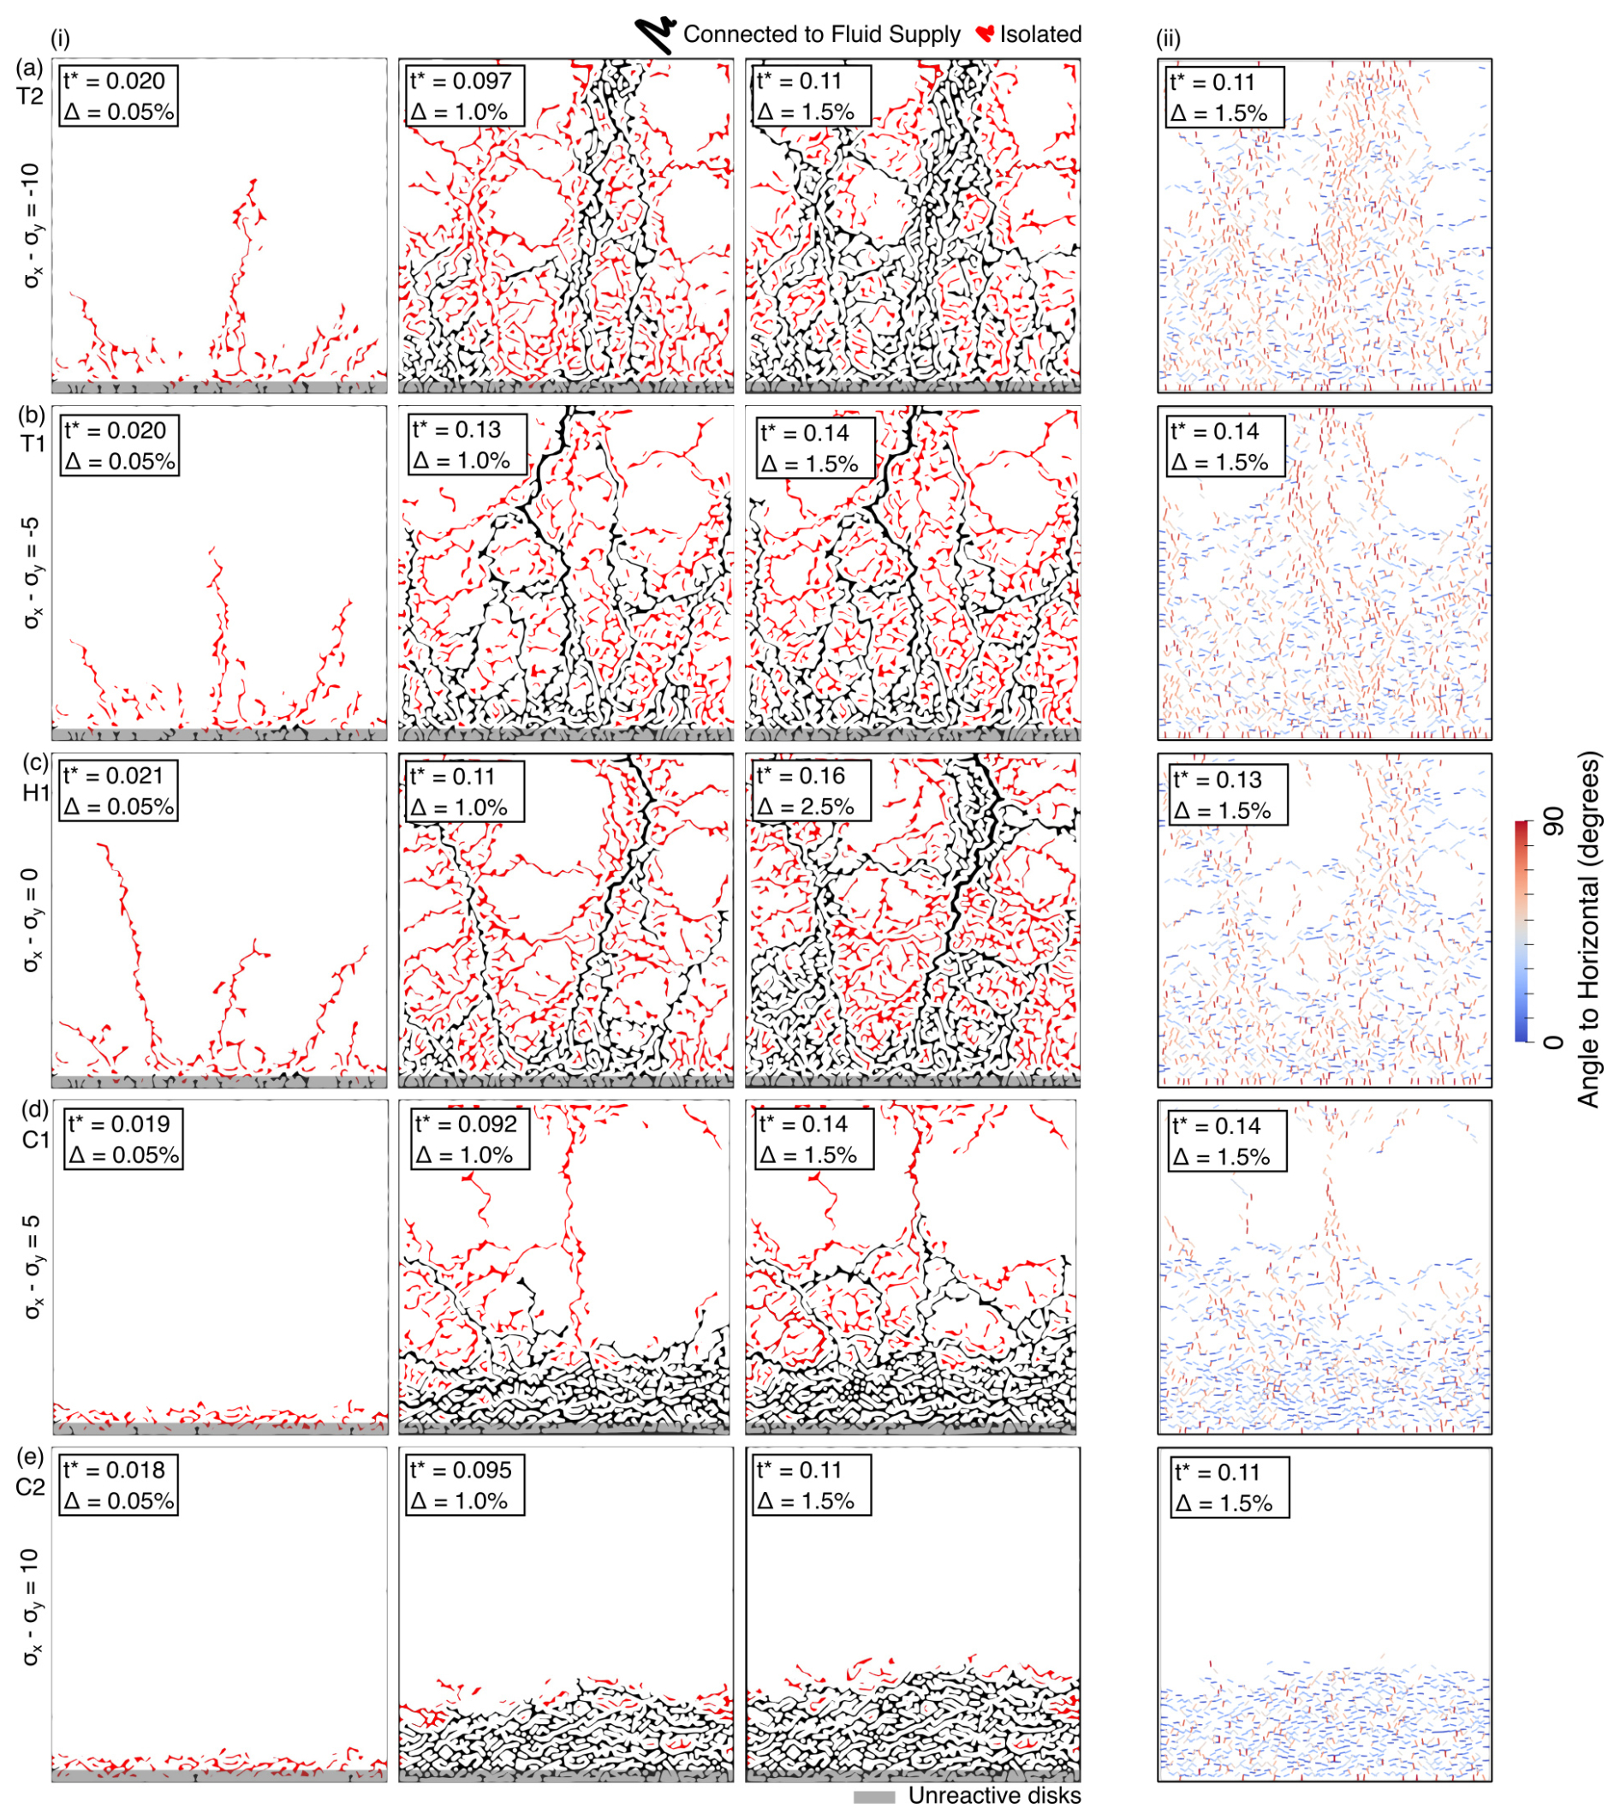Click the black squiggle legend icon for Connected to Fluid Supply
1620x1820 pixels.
(655, 35)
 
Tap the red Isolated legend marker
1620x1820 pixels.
(985, 35)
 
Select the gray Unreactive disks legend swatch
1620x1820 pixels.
(874, 1797)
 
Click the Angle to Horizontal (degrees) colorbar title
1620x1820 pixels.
(1588, 930)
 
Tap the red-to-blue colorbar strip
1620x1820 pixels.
(1523, 931)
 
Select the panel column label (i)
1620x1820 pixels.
(61, 39)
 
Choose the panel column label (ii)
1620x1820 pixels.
(1168, 39)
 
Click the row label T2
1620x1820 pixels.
(30, 96)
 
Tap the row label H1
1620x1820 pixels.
(36, 791)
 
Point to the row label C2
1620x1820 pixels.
(30, 1487)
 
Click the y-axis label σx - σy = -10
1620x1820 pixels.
(31, 225)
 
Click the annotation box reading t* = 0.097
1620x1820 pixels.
(461, 96)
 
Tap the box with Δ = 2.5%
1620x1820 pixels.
(807, 791)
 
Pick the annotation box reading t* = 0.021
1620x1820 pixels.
(118, 791)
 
